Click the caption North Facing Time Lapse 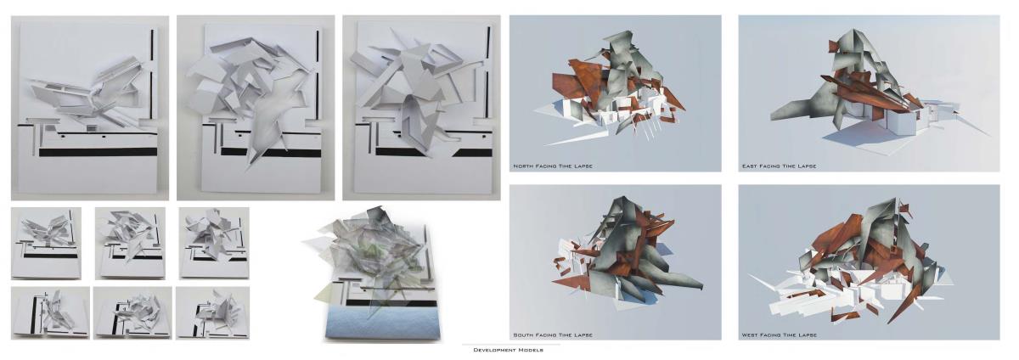[553, 166]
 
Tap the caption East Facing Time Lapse [779, 166]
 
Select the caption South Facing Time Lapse [553, 335]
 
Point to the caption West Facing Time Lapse [780, 335]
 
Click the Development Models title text [508, 350]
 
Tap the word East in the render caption [750, 166]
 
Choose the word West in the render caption [750, 335]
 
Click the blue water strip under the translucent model [383, 322]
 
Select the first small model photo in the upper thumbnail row [47, 244]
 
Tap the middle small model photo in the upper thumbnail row [130, 244]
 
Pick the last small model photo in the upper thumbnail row [214, 244]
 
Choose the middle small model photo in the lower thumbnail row [132, 313]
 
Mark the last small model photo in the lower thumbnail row [213, 313]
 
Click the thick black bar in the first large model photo [98, 152]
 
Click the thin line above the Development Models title [511, 345]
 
